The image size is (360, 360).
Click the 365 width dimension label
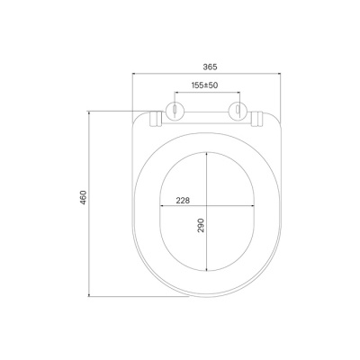pos(210,67)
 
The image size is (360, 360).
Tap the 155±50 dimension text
pos(204,85)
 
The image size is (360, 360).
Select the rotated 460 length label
pos(84,197)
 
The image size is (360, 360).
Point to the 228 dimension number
pos(183,201)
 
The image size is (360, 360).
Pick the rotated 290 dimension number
pos(201,225)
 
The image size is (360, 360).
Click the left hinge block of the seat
pos(156,119)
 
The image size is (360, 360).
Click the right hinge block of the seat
pos(256,119)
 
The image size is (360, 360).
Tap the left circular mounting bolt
pos(174,111)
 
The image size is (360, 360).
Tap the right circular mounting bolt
pos(238,111)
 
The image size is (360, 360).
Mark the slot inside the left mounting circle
pos(174,109)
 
